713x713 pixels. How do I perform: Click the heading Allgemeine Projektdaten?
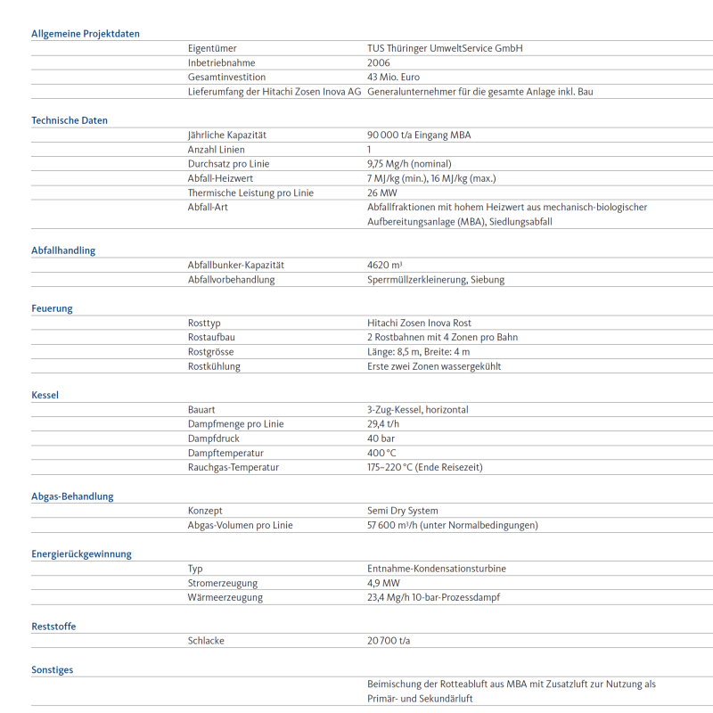[x=86, y=34]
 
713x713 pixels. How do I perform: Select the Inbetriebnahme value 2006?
[x=379, y=63]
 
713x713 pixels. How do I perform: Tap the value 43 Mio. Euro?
[x=393, y=78]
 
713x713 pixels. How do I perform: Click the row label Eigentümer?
[x=212, y=49]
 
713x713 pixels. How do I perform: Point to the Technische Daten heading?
[x=70, y=120]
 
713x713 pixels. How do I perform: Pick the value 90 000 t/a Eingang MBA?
[x=419, y=135]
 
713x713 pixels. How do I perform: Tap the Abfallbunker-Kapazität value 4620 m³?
[x=385, y=266]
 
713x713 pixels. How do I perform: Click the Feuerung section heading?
[x=52, y=308]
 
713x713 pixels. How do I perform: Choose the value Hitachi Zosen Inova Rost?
[x=419, y=324]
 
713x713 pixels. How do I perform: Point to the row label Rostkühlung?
[x=214, y=366]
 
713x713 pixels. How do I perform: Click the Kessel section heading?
[x=45, y=395]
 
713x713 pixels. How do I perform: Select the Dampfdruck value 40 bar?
[x=381, y=438]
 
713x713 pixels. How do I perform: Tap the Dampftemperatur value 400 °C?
[x=381, y=453]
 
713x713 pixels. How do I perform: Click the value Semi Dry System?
[x=403, y=511]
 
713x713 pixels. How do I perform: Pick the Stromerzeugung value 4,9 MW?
[x=383, y=583]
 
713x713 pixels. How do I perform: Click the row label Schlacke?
[x=207, y=641]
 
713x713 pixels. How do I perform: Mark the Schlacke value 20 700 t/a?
[x=389, y=641]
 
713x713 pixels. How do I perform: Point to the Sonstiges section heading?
[x=53, y=669]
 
